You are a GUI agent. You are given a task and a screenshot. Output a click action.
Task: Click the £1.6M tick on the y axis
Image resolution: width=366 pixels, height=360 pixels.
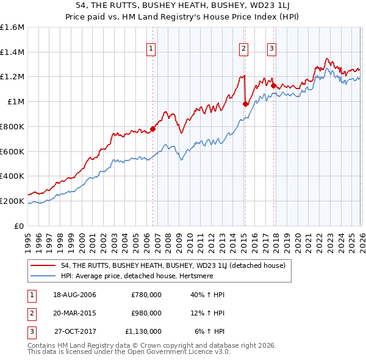pos(12,27)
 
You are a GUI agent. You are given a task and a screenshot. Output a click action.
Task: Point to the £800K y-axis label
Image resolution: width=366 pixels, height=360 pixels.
pos(12,126)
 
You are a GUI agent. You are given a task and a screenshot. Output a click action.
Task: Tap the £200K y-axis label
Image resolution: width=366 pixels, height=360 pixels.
pos(12,201)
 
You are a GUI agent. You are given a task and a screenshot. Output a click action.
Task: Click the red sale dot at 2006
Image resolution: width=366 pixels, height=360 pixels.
pos(153,129)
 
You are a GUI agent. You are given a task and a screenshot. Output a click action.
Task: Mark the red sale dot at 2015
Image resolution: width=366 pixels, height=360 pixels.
pos(245,104)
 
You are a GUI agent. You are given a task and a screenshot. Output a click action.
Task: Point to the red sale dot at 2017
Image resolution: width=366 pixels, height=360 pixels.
pos(273,85)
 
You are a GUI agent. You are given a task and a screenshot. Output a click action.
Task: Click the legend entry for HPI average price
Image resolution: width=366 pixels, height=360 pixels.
pos(134,276)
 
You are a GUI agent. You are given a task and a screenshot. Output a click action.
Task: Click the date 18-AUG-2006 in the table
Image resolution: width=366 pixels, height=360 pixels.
pos(74,295)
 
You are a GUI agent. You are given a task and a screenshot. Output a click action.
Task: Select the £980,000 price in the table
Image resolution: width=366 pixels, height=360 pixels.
pos(146,313)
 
